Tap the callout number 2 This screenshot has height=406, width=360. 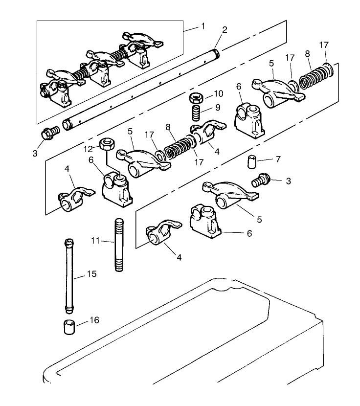point(225,30)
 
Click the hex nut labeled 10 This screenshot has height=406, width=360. point(197,97)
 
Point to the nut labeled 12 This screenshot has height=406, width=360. point(107,144)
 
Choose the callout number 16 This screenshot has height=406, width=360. point(94,321)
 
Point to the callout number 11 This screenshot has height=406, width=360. point(96,240)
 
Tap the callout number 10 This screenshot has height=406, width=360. point(218,93)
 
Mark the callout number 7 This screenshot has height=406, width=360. point(278,159)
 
